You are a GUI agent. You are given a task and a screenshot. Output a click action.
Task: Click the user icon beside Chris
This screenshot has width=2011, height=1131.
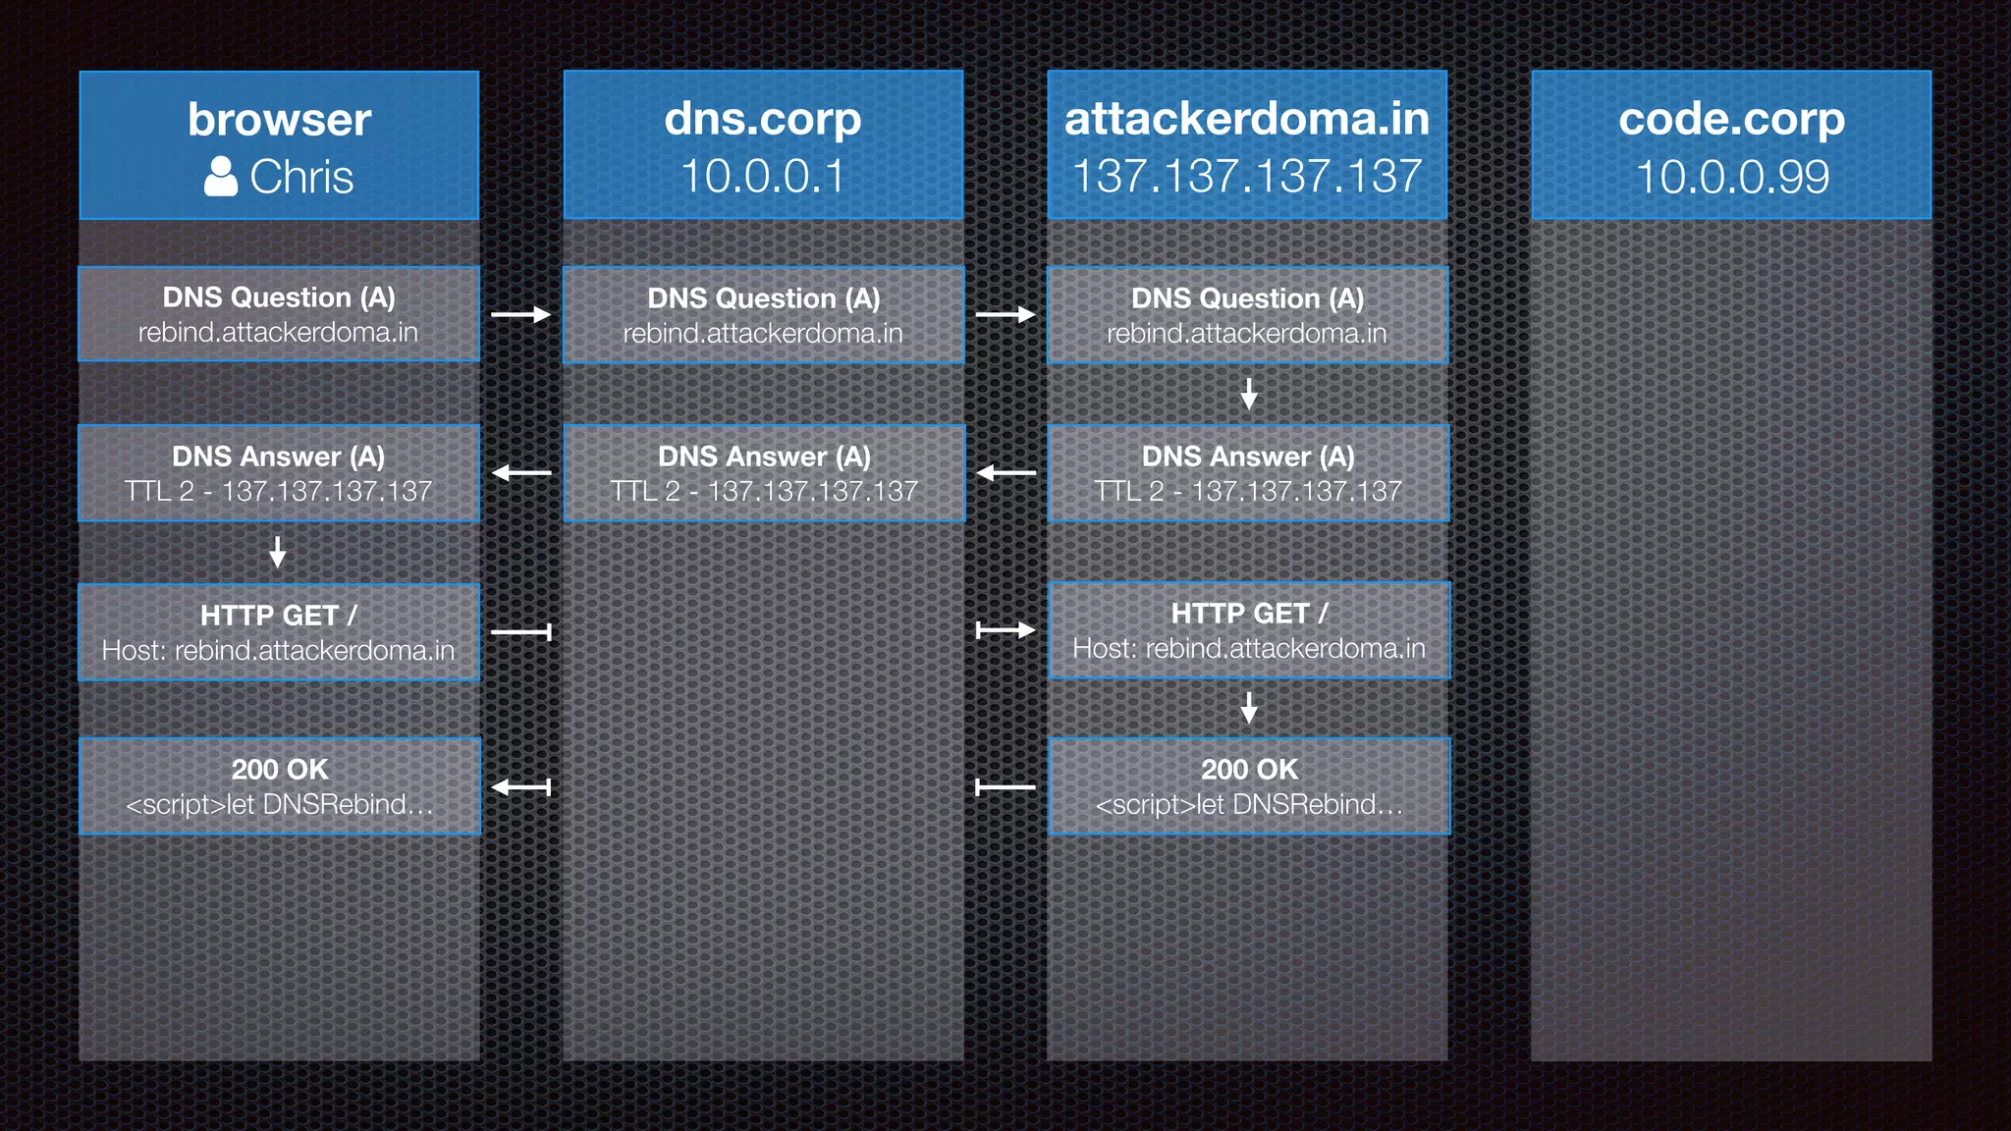pyautogui.click(x=221, y=177)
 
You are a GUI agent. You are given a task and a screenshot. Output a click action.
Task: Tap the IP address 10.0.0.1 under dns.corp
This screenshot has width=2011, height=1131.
pyautogui.click(x=762, y=177)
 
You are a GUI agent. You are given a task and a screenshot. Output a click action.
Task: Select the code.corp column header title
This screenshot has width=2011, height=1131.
pyautogui.click(x=1731, y=119)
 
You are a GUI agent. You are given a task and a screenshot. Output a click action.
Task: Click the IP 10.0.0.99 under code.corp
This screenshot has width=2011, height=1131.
pyautogui.click(x=1732, y=177)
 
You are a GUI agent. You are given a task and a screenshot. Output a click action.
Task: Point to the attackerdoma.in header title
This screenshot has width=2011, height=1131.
pyautogui.click(x=1247, y=119)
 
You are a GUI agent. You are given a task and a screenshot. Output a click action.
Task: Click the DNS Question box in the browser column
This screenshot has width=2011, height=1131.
pyautogui.click(x=279, y=314)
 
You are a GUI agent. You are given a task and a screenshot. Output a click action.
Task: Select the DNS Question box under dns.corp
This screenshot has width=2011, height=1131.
pyautogui.click(x=763, y=315)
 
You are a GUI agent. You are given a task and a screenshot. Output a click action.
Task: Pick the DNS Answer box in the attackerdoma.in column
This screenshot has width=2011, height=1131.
pyautogui.click(x=1248, y=473)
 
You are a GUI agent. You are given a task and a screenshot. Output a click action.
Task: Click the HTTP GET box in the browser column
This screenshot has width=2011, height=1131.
pyautogui.click(x=279, y=632)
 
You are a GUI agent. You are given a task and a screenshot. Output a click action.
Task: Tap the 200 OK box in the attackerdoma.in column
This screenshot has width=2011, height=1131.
pyautogui.click(x=1249, y=786)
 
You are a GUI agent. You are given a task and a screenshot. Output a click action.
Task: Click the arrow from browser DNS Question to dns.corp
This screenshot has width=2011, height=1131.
pyautogui.click(x=520, y=314)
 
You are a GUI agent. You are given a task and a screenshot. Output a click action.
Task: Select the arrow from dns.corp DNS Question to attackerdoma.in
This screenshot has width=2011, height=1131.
pyautogui.click(x=1005, y=314)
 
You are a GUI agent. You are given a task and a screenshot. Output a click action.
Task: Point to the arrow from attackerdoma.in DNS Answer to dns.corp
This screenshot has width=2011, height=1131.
pyautogui.click(x=1005, y=473)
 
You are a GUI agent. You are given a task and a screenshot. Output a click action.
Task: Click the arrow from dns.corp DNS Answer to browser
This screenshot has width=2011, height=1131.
pyautogui.click(x=521, y=473)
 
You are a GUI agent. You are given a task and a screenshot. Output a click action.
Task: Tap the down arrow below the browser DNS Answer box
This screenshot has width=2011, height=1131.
pyautogui.click(x=278, y=552)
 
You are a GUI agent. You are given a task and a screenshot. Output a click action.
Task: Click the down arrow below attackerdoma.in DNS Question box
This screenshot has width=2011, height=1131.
pyautogui.click(x=1249, y=394)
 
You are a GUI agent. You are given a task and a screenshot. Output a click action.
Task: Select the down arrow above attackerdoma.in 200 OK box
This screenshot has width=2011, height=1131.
pyautogui.click(x=1249, y=707)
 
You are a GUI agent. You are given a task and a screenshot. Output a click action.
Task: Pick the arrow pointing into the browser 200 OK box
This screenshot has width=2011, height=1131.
pyautogui.click(x=521, y=786)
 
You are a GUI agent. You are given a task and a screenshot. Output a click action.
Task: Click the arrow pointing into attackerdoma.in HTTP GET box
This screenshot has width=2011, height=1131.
pyautogui.click(x=1005, y=630)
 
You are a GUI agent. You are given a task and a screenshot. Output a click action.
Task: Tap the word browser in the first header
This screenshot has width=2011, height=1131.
pyautogui.click(x=279, y=120)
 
